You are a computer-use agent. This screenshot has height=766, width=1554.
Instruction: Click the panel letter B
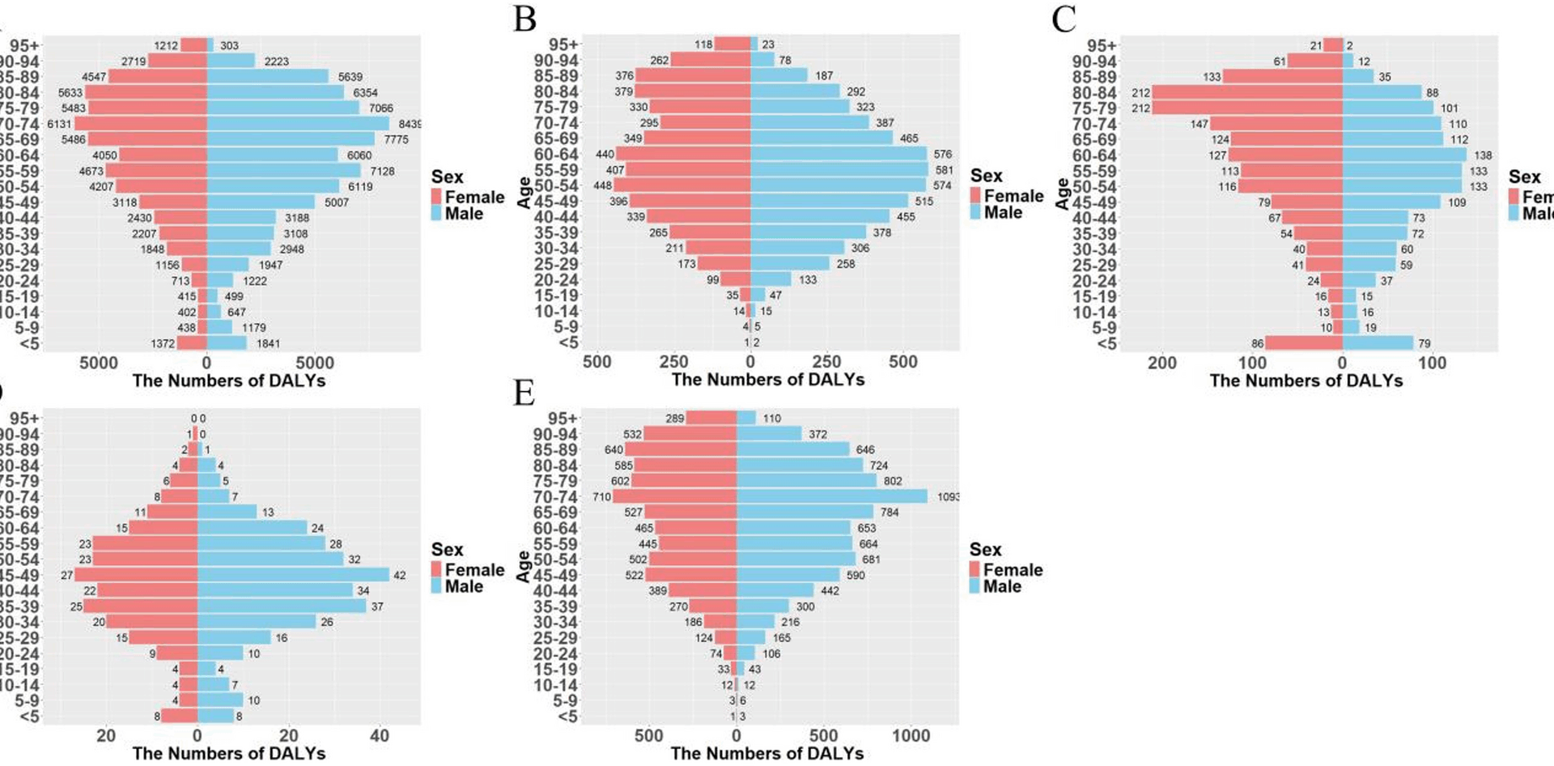coord(525,18)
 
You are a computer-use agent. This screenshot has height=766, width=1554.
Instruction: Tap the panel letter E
coord(524,393)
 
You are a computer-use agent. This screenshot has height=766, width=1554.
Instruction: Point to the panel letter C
coord(1064,18)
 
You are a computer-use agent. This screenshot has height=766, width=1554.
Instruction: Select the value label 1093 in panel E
coord(948,496)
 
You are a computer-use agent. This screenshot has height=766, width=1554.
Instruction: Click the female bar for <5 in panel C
coord(1304,343)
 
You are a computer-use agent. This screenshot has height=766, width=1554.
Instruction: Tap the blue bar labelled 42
coord(293,575)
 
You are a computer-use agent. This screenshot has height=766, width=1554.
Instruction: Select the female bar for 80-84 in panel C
coord(1247,92)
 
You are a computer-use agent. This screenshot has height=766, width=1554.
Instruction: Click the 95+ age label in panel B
coord(563,45)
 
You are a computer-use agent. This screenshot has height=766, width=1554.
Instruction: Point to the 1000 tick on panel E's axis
coord(911,735)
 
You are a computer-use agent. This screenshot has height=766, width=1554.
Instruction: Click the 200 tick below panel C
coord(1161,363)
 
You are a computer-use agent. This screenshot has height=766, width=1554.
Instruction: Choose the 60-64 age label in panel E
coord(555,528)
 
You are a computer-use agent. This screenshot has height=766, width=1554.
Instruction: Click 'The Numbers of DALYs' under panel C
coord(1306,381)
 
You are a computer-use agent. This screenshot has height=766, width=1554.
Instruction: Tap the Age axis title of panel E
coord(524,566)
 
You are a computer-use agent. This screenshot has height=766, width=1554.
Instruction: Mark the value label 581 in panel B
coord(944,170)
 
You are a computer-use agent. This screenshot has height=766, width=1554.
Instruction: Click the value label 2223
coord(276,62)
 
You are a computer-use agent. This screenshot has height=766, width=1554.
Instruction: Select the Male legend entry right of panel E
coord(1002,586)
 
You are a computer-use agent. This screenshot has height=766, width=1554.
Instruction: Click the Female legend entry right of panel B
coord(1013,196)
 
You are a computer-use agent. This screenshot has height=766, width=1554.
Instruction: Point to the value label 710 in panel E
coord(601,496)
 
